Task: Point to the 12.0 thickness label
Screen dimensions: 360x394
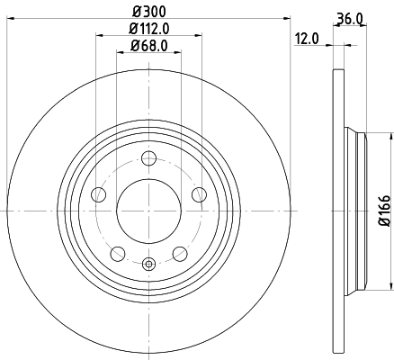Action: [308, 39]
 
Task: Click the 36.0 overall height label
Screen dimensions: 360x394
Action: [349, 17]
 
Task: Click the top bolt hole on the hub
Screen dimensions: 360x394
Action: [149, 163]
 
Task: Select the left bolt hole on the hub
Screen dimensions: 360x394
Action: [101, 195]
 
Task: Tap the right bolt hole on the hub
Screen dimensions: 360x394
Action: [199, 195]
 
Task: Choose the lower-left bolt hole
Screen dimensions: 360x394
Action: [119, 252]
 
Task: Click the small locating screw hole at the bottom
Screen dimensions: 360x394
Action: [149, 263]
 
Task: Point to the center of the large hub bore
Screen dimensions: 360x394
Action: [149, 211]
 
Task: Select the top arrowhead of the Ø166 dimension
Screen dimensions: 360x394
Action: [390, 135]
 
